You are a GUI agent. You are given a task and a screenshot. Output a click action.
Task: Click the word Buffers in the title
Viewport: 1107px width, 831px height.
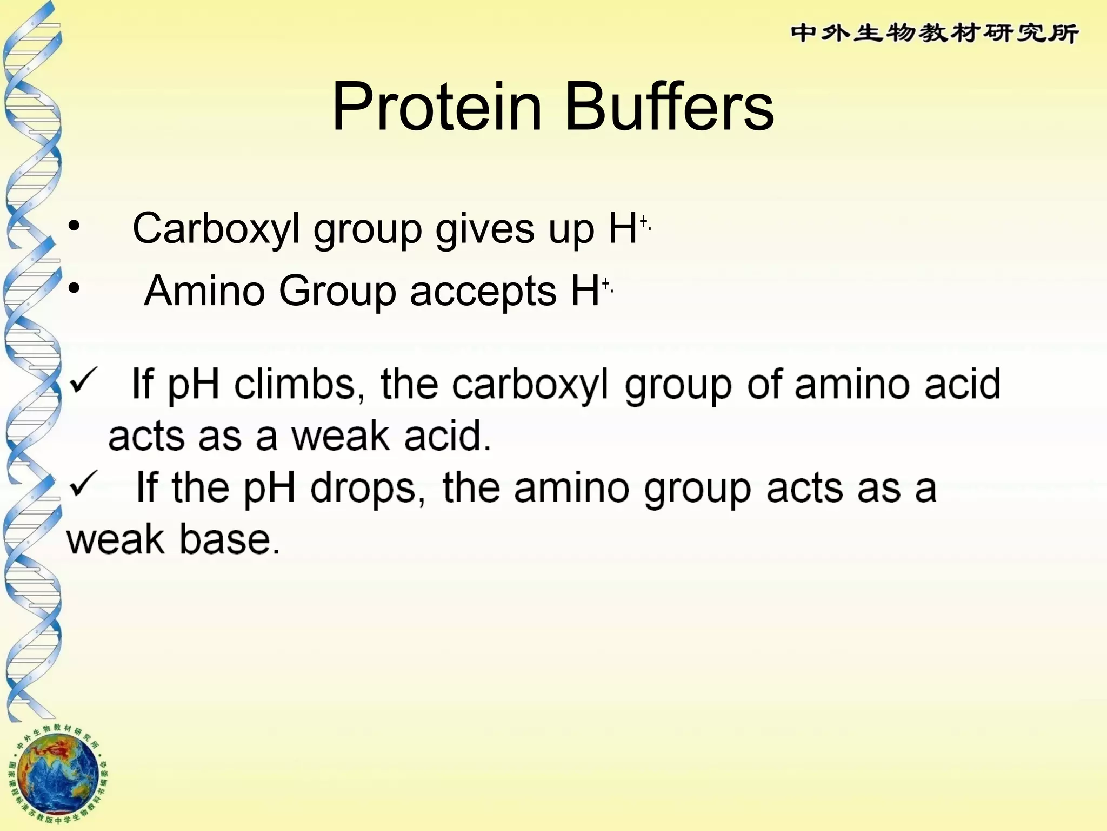(669, 107)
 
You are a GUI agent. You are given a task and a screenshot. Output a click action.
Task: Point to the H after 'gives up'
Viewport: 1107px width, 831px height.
(623, 229)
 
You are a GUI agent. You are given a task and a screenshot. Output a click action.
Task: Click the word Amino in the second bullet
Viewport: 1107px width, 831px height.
(205, 291)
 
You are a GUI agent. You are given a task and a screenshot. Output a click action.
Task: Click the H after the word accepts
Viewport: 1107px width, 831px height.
(585, 291)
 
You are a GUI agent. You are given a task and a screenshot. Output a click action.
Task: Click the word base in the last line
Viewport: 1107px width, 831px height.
(230, 539)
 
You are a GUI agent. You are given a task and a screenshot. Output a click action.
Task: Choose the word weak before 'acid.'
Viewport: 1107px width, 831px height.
(341, 436)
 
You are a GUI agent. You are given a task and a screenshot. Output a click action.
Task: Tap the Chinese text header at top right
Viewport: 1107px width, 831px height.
(935, 34)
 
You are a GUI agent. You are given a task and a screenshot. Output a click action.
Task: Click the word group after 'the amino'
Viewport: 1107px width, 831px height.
(698, 489)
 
